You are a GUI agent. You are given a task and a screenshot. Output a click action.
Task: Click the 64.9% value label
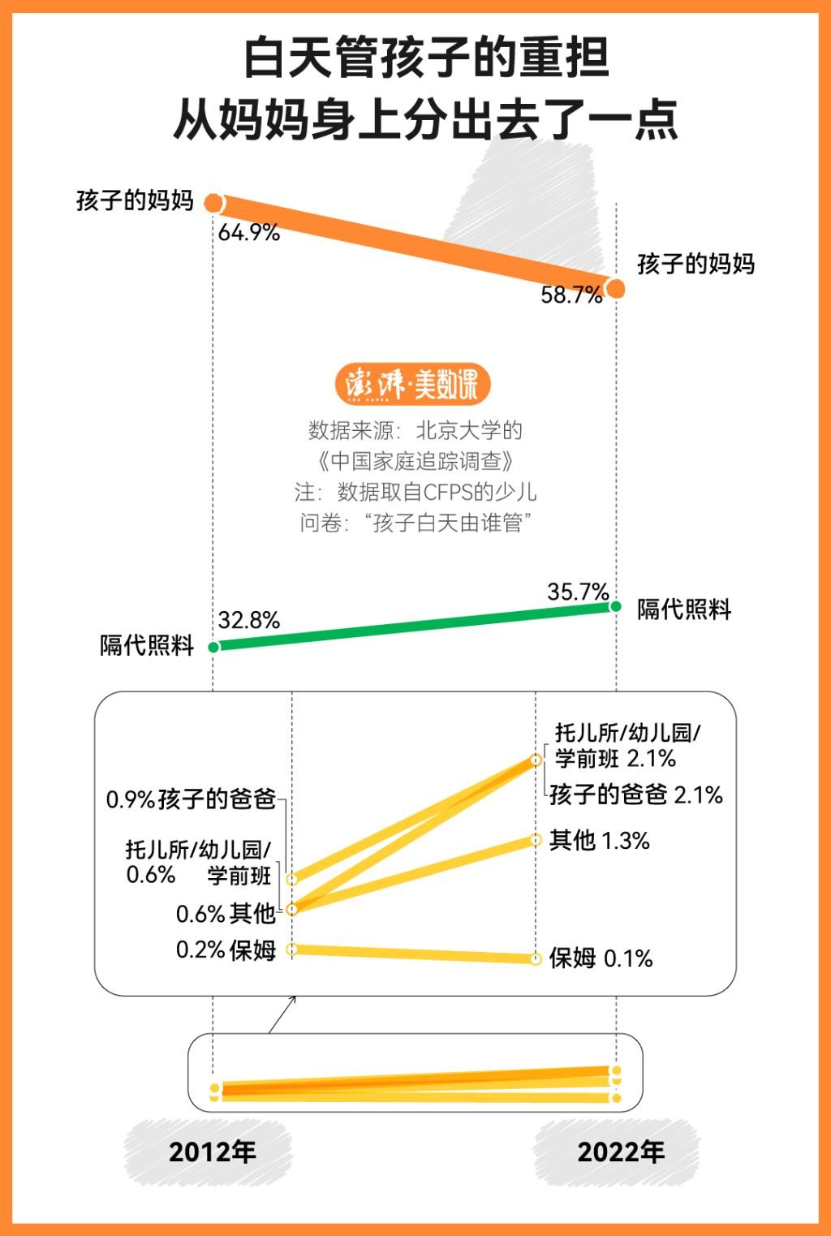(x=248, y=233)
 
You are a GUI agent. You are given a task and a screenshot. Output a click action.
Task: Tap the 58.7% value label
(x=571, y=295)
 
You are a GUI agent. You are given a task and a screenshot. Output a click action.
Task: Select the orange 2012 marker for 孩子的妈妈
(x=213, y=203)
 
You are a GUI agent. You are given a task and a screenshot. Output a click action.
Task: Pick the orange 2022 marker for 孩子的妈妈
(x=616, y=288)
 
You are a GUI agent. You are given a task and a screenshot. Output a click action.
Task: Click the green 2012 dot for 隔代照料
(x=213, y=647)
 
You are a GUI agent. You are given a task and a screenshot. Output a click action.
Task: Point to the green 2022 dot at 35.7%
(x=616, y=606)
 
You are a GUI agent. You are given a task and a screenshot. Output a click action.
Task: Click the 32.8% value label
(x=248, y=621)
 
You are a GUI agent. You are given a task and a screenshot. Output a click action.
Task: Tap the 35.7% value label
(x=577, y=592)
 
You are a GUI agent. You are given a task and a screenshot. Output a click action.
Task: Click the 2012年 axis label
(x=212, y=1152)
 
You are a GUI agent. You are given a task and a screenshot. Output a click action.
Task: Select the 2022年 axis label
(x=620, y=1152)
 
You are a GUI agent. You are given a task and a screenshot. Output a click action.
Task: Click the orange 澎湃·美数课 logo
(x=413, y=385)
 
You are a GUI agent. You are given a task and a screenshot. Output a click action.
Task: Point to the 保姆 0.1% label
(x=601, y=958)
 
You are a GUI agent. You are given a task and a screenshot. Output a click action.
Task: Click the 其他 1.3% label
(x=599, y=841)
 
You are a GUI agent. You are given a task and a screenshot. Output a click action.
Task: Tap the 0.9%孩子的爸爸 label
(x=191, y=799)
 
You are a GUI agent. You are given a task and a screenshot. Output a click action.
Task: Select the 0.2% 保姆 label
(x=226, y=950)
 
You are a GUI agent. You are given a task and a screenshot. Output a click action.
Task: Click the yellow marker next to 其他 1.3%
(x=536, y=840)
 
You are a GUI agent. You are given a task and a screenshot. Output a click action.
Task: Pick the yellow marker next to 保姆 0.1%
(x=536, y=959)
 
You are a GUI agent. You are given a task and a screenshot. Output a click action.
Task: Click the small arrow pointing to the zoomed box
(x=282, y=1015)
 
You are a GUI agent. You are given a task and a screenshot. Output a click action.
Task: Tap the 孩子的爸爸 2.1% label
(x=635, y=795)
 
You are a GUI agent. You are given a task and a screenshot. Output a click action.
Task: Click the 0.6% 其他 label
(x=226, y=914)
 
